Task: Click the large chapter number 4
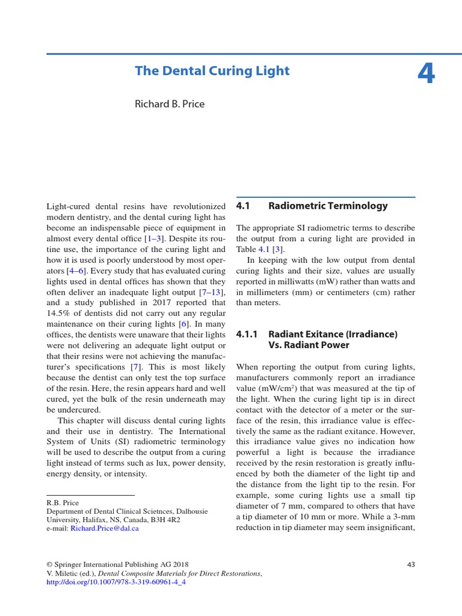click(426, 74)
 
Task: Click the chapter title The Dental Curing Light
click(212, 71)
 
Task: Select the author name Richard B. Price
click(170, 104)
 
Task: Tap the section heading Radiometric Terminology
click(328, 206)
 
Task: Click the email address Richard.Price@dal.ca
click(105, 528)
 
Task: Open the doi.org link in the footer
click(116, 582)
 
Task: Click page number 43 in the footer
click(411, 564)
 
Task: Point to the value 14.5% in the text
click(60, 313)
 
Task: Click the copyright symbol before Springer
click(49, 564)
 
